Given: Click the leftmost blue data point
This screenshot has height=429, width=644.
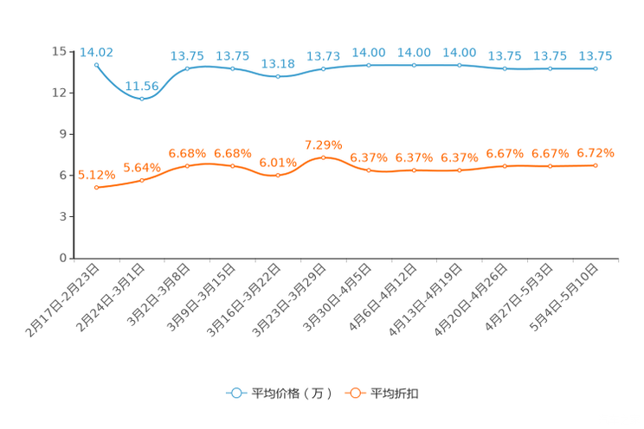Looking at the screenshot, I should click(x=96, y=64).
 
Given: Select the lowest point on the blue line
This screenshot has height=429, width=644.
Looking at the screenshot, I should click(x=142, y=98).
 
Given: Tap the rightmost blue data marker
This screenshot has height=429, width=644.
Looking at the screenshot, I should click(x=596, y=68).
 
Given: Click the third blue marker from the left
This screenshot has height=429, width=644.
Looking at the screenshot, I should click(x=187, y=67).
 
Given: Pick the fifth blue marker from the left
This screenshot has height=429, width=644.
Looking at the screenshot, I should click(x=278, y=76).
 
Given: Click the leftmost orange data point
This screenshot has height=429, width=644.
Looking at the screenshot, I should click(x=96, y=187).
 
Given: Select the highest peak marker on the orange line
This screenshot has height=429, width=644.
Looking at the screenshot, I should click(x=324, y=157).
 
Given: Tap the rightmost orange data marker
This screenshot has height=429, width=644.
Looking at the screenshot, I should click(x=596, y=165).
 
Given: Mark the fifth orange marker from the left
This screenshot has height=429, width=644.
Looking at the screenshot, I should click(x=278, y=175).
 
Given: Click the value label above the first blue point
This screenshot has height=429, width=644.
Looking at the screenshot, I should click(x=96, y=52).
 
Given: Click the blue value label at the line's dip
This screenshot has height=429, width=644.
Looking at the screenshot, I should click(x=142, y=85).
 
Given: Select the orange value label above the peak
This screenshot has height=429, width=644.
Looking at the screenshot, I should click(x=324, y=144).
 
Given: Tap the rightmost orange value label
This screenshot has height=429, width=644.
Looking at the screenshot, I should click(x=596, y=153).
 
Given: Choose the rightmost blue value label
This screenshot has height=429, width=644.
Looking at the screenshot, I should click(x=596, y=56).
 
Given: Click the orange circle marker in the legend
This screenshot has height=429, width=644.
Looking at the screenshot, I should click(x=354, y=393).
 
